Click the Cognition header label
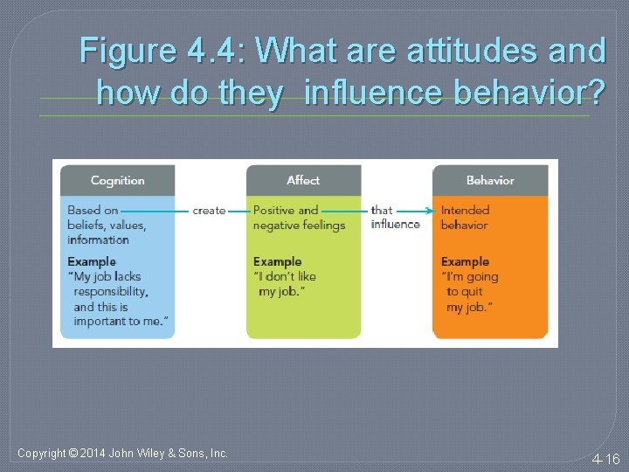click(117, 180)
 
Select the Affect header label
click(303, 180)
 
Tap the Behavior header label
click(490, 180)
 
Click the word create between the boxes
click(209, 211)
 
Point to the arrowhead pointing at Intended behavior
click(432, 211)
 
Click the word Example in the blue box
click(92, 261)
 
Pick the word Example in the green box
click(278, 261)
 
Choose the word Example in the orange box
click(465, 261)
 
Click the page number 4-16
click(605, 459)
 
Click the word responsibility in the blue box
click(111, 292)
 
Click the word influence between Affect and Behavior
click(395, 225)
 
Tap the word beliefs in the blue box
click(86, 225)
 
